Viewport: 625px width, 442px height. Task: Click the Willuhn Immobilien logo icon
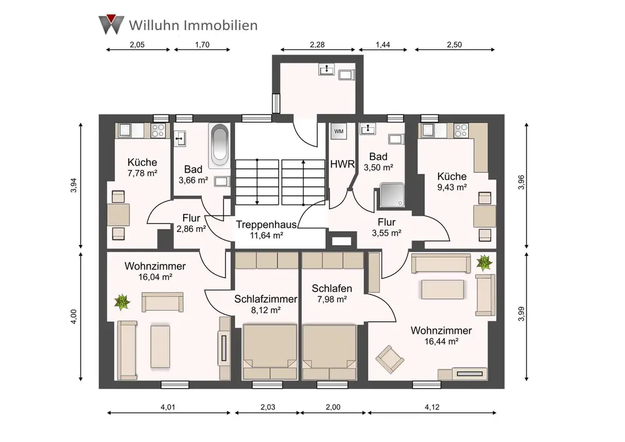(111, 23)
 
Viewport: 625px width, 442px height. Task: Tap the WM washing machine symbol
(339, 131)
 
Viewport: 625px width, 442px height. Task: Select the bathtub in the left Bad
(219, 146)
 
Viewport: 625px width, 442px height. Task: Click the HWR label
(342, 164)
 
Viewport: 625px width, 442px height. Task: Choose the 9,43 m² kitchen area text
(452, 186)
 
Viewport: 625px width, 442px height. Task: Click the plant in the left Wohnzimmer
(122, 303)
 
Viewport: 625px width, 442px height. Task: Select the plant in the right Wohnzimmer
(483, 263)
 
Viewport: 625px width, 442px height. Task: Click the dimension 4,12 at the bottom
(432, 407)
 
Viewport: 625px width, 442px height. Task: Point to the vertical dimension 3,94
(73, 186)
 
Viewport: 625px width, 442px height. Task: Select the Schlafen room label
(332, 289)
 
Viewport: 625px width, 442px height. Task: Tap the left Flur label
(191, 218)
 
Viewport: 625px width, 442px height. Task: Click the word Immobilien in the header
(219, 25)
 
